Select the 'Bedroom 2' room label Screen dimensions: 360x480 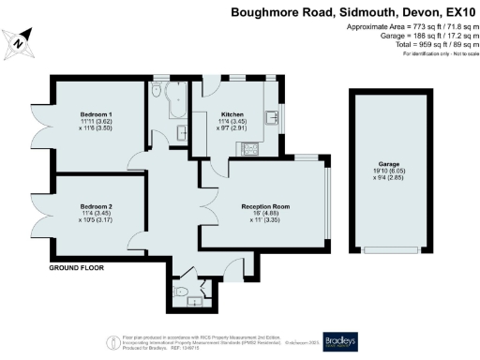[x=96, y=205]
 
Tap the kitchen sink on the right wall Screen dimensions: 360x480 [x=272, y=118]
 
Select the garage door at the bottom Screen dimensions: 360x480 [x=384, y=249]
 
